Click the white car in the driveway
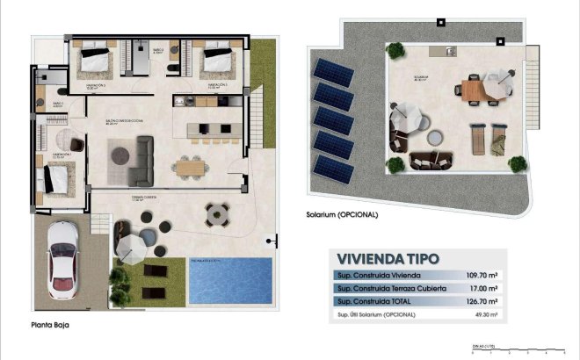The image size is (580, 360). pyautogui.click(x=62, y=259)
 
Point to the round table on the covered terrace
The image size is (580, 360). pyautogui.click(x=215, y=213)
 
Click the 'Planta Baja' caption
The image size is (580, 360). pyautogui.click(x=48, y=324)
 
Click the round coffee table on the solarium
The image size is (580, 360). pyautogui.click(x=436, y=136)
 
